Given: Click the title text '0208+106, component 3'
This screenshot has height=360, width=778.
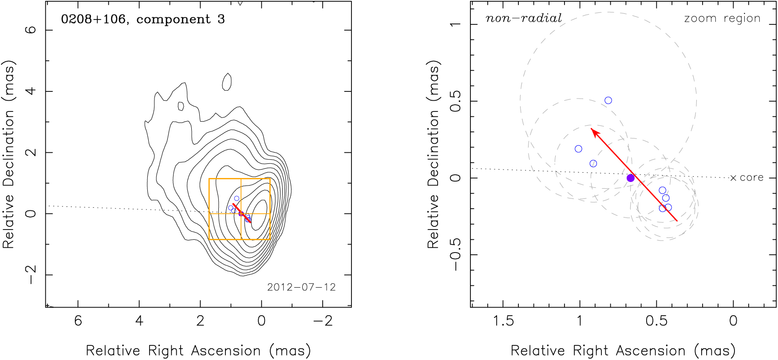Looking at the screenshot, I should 143,20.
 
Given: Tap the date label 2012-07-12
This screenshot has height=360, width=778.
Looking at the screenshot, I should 301,287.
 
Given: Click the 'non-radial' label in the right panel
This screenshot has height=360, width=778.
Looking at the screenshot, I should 524,19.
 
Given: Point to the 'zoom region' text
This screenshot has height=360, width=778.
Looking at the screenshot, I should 722,19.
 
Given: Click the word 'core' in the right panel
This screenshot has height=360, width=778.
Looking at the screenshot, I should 752,178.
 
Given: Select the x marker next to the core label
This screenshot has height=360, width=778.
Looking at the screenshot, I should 733,178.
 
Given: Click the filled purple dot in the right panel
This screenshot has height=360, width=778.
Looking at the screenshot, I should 631,178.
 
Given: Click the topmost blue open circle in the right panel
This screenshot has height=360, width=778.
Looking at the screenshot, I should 608,100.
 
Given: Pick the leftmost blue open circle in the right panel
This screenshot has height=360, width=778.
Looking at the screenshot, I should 578,149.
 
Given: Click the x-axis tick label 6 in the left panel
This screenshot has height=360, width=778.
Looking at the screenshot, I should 78,321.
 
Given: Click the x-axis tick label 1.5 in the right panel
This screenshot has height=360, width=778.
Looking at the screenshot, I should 503,321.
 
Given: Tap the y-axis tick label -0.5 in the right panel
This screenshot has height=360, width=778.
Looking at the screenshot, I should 456,254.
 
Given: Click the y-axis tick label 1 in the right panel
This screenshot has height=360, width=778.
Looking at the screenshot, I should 456,24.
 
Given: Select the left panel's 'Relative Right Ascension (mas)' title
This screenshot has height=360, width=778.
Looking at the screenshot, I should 198,350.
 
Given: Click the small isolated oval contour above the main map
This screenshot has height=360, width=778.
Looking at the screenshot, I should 227,81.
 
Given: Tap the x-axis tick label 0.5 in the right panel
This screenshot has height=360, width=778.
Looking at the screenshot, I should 656,321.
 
